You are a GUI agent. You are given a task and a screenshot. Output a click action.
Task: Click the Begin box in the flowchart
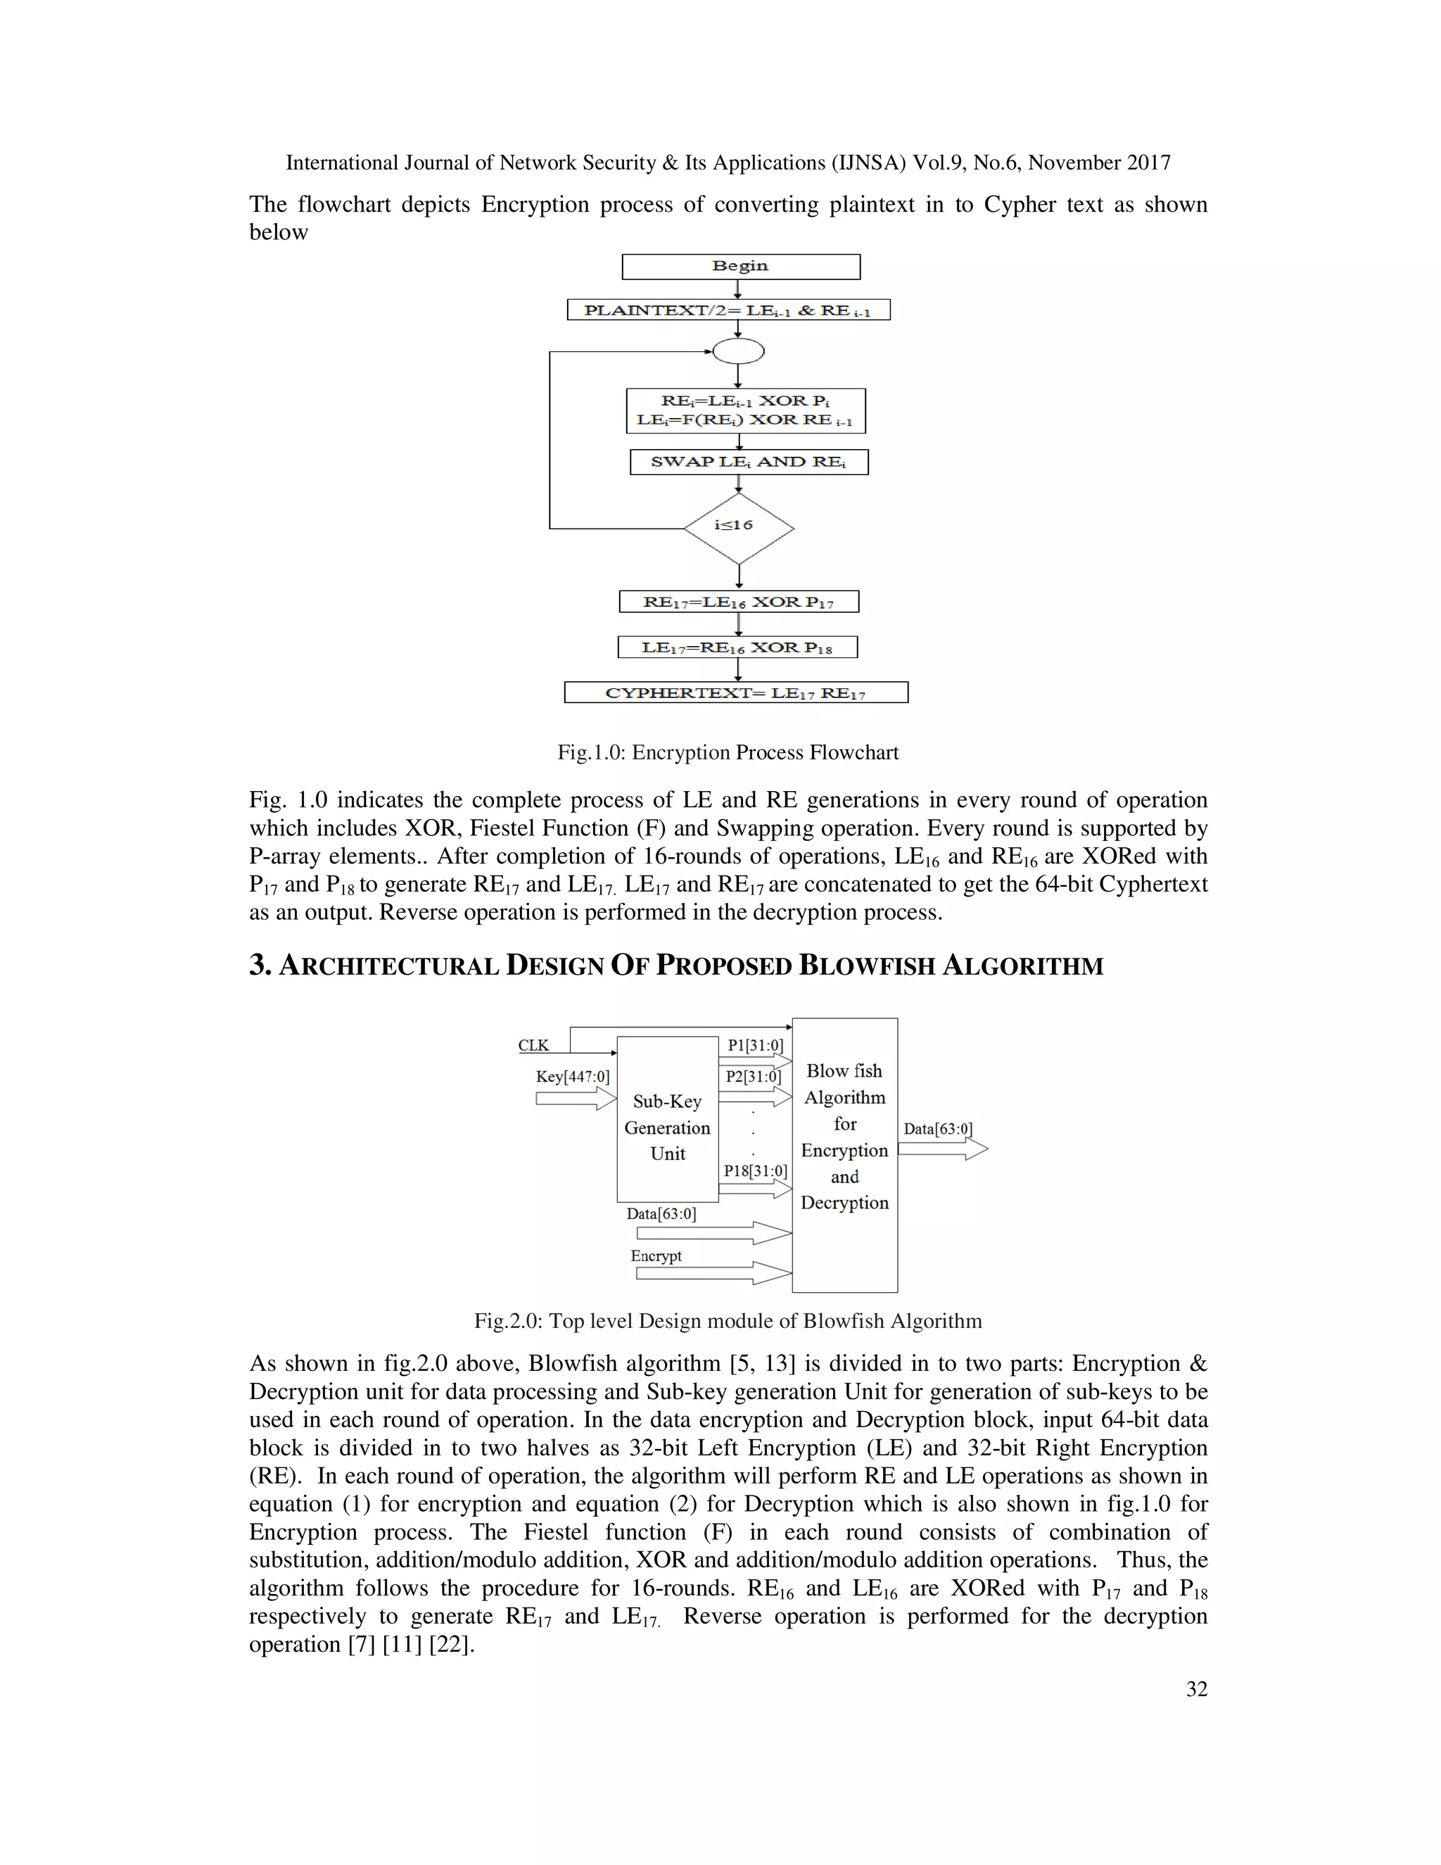(740, 267)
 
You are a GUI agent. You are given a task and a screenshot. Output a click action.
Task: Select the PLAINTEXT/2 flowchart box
(728, 310)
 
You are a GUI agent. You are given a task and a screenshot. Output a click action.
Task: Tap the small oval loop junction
(737, 351)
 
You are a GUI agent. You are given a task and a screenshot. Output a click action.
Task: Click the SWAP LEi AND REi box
(749, 462)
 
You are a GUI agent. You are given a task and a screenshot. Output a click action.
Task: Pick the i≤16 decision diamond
(738, 527)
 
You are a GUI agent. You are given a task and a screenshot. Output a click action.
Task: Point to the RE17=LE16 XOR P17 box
(738, 602)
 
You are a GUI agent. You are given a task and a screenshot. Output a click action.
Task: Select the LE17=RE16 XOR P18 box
(737, 647)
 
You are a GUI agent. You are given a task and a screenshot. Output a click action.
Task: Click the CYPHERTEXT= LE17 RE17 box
(736, 693)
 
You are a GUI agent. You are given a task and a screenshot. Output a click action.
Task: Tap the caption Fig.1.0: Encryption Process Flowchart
(728, 752)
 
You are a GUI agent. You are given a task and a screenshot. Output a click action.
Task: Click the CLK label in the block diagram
(533, 1045)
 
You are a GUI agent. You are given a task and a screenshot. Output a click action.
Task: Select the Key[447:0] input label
(572, 1076)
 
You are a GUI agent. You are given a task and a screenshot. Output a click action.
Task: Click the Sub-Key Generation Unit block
(667, 1127)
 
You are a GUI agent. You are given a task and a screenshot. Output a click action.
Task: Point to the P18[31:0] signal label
(755, 1171)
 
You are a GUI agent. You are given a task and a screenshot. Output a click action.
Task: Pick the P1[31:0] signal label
(755, 1045)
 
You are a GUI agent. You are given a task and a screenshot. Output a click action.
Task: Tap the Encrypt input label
(656, 1256)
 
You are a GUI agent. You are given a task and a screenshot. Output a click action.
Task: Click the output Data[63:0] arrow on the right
(942, 1149)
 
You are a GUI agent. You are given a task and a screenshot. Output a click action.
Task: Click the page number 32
(1196, 1689)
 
